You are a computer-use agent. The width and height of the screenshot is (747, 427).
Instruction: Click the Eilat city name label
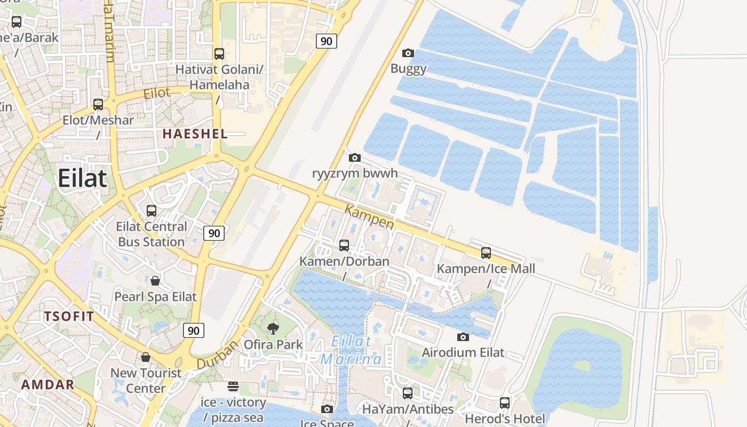[x=82, y=178]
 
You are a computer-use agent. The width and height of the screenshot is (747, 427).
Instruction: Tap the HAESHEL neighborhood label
[x=195, y=134]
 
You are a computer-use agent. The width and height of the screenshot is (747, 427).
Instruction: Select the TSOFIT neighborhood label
[x=69, y=316]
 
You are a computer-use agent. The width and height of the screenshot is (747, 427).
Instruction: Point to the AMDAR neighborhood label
[x=47, y=384]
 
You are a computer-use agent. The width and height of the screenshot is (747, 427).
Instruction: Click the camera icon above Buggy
[x=408, y=53]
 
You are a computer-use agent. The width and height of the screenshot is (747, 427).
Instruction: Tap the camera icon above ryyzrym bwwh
[x=354, y=157]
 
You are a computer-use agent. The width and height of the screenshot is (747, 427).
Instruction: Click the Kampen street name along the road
[x=369, y=217]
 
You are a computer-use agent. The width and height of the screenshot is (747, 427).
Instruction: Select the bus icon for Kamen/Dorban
[x=344, y=245]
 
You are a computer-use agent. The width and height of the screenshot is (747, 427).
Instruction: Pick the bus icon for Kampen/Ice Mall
[x=486, y=252]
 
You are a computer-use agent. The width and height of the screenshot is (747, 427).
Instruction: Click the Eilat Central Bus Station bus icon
[x=152, y=210]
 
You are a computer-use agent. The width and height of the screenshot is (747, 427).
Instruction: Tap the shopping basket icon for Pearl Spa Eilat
[x=155, y=280]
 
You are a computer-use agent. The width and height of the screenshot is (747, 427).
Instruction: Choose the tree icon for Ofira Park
[x=273, y=328]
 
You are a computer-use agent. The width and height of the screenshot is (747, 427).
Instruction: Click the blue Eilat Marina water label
[x=351, y=350]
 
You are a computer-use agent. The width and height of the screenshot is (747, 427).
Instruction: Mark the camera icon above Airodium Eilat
[x=463, y=337]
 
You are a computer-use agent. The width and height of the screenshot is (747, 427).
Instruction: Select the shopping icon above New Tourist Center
[x=146, y=357]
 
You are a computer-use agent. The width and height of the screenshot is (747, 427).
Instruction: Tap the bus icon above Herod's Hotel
[x=504, y=403]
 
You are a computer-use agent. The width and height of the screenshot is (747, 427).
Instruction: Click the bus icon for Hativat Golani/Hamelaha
[x=219, y=53]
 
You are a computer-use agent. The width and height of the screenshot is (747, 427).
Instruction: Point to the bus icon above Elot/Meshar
[x=98, y=104]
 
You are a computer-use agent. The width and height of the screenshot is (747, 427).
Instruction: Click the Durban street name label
[x=217, y=355]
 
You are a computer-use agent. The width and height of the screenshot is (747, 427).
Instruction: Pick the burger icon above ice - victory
[x=233, y=386]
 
